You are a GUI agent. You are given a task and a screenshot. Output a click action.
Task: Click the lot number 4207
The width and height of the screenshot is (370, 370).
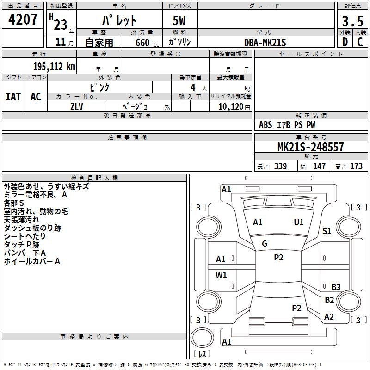tap(23, 19)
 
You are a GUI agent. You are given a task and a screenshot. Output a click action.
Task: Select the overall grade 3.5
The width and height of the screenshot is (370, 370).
tap(352, 21)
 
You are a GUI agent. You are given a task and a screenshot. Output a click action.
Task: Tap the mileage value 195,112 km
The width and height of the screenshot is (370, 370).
tap(54, 67)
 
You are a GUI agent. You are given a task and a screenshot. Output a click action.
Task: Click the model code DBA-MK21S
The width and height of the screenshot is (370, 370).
tap(265, 43)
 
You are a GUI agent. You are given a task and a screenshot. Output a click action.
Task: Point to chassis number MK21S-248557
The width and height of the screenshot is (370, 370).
tap(310, 147)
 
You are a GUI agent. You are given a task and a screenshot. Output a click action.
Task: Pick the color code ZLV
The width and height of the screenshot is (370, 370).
tap(77, 107)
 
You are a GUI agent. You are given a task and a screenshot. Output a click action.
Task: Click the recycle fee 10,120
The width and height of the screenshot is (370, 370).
tap(231, 107)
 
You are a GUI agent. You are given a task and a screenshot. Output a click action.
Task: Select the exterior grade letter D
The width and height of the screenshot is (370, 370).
tap(345, 42)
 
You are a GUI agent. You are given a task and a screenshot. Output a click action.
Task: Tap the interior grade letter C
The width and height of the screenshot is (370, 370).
tap(360, 42)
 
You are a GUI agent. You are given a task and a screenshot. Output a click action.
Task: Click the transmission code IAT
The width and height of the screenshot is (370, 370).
tap(13, 97)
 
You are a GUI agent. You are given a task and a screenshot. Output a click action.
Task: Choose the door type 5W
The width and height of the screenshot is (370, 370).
tap(179, 20)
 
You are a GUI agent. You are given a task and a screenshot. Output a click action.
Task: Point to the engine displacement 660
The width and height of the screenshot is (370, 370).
tap(142, 43)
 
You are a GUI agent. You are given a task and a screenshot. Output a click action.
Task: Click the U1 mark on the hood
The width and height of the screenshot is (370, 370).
tap(298, 222)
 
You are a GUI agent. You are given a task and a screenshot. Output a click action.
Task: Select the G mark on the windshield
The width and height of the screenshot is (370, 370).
tap(265, 244)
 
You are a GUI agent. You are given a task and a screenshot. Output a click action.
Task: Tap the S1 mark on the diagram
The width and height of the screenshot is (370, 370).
tap(327, 231)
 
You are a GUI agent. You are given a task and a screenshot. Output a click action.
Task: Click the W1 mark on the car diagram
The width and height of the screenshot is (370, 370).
tap(221, 275)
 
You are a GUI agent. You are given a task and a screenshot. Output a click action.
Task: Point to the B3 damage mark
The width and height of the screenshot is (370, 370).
tap(336, 287)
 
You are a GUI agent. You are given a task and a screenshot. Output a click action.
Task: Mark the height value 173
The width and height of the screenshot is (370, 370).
tap(356, 166)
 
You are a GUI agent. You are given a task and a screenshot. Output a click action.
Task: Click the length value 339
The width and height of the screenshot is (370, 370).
tap(281, 166)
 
